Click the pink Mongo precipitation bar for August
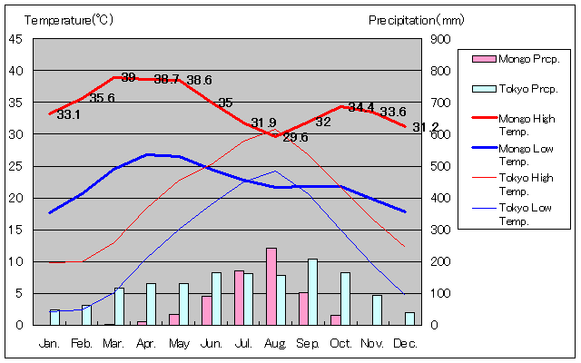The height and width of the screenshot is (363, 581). click(x=271, y=286)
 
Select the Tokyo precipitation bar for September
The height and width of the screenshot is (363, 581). click(x=313, y=291)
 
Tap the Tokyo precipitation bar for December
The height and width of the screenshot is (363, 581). click(x=410, y=319)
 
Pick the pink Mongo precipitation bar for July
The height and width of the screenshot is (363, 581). click(x=239, y=297)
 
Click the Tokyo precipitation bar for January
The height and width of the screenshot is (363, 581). click(x=54, y=318)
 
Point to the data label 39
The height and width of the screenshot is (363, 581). click(x=128, y=78)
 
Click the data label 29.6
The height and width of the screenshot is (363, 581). click(x=295, y=138)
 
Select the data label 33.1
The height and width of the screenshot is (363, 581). click(x=68, y=115)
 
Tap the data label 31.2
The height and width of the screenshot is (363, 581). click(x=425, y=127)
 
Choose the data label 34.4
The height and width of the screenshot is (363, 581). click(x=361, y=107)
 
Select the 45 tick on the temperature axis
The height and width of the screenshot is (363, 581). click(x=16, y=39)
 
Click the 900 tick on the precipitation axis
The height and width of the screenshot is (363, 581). click(x=438, y=39)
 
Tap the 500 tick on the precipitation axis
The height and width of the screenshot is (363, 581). click(x=438, y=166)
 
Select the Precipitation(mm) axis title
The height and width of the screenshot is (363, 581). click(x=417, y=19)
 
